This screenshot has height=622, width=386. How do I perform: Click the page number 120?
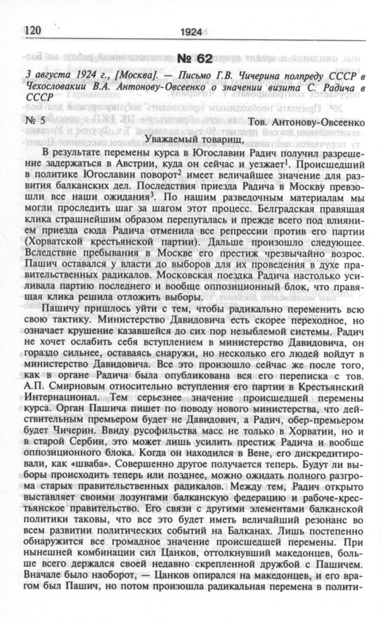[35, 30]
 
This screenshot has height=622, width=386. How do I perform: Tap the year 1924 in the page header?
[192, 33]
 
